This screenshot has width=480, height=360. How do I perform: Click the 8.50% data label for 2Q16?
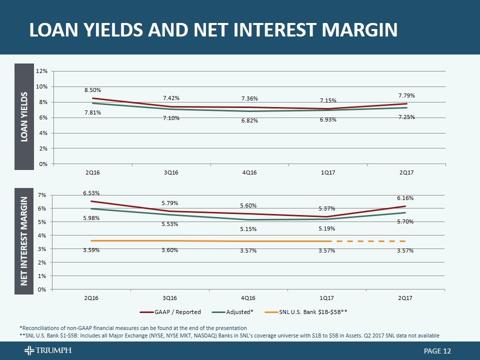pyautogui.click(x=92, y=90)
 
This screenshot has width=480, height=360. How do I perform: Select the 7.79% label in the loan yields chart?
pyautogui.click(x=406, y=95)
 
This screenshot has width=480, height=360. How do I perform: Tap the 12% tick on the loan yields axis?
pyautogui.click(x=41, y=71)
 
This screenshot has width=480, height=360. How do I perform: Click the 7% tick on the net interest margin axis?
pyautogui.click(x=43, y=194)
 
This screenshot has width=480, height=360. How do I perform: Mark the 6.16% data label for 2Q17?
pyautogui.click(x=405, y=198)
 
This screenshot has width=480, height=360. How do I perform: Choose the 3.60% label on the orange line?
pyautogui.click(x=170, y=250)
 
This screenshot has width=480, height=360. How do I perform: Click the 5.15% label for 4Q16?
pyautogui.click(x=248, y=229)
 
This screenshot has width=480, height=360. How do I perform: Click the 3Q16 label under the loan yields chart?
pyautogui.click(x=170, y=172)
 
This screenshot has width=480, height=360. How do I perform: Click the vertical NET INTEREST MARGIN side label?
pyautogui.click(x=23, y=241)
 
